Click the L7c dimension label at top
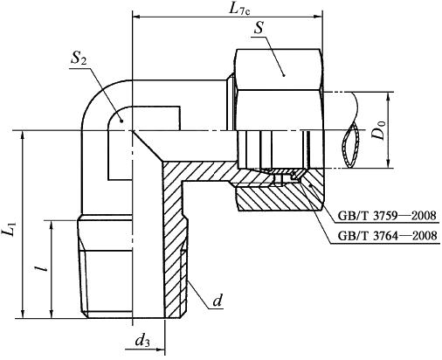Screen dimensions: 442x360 pyautogui.click(x=239, y=9)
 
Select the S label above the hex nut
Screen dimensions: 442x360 pyautogui.click(x=259, y=28)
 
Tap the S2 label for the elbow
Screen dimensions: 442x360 pyautogui.click(x=79, y=59)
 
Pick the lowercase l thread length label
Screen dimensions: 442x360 pyautogui.click(x=44, y=266)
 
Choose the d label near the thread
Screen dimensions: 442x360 pyautogui.click(x=218, y=301)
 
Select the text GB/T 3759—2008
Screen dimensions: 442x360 pyautogui.click(x=387, y=216)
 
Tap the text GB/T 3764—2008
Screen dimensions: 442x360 pyautogui.click(x=387, y=235)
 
